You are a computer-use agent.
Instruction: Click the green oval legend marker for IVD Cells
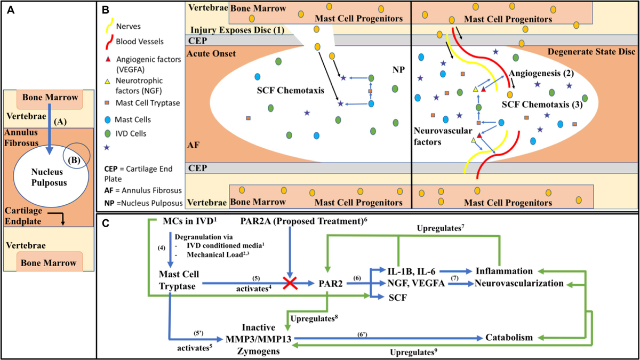(108, 133)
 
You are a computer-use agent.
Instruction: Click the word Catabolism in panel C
(509, 338)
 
